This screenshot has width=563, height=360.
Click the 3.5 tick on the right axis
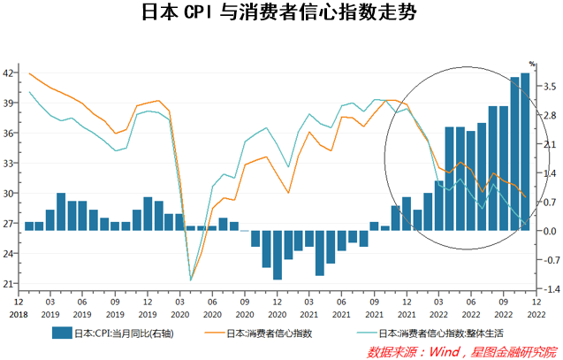[x=548, y=86]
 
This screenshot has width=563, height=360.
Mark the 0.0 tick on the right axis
[x=548, y=232]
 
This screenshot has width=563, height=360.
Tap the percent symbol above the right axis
[x=533, y=64]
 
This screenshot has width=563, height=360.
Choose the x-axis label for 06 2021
[x=342, y=306]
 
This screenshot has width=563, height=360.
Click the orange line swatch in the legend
[x=210, y=333]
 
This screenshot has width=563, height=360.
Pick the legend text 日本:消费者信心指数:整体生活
[x=441, y=334]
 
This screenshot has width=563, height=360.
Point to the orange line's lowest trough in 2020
[x=191, y=280]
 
